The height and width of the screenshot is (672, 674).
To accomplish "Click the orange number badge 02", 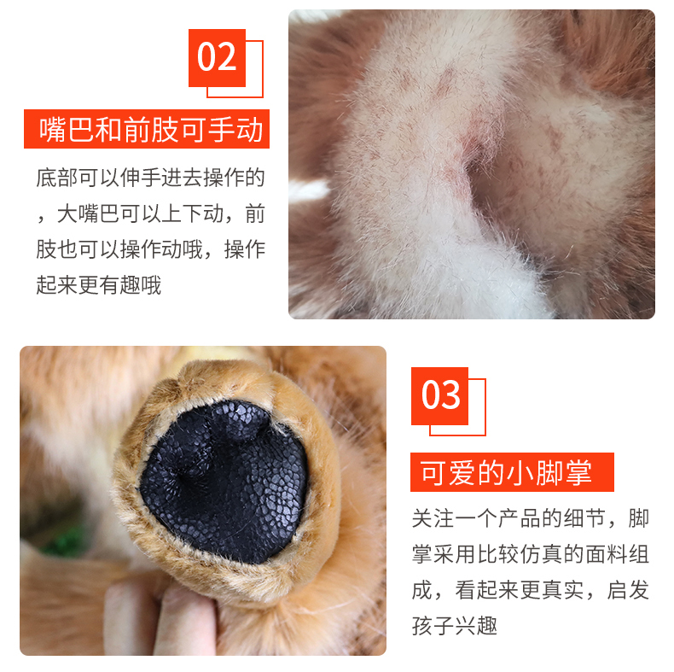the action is (217, 58).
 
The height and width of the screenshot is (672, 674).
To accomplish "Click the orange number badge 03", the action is (439, 396).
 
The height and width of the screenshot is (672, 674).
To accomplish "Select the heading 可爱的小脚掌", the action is (506, 472).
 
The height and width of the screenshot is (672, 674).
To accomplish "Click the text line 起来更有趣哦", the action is (98, 285).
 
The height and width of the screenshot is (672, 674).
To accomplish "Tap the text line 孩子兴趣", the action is (455, 626).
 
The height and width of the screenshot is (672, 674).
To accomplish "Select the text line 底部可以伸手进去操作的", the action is (150, 178).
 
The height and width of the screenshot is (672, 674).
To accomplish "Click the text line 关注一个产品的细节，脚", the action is (530, 518).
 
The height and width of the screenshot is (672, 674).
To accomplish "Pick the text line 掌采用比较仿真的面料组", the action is (530, 553).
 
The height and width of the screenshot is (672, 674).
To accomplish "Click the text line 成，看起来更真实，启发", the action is (530, 590).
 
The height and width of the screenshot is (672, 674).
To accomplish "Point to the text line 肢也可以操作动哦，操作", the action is (150, 249).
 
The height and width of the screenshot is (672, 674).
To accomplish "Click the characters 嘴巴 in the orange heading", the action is (67, 129).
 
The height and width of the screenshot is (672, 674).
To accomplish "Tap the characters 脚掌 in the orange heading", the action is (564, 472).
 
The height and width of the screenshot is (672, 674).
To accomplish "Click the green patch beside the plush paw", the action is (65, 542).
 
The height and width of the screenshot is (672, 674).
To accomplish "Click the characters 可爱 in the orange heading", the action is (448, 472).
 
